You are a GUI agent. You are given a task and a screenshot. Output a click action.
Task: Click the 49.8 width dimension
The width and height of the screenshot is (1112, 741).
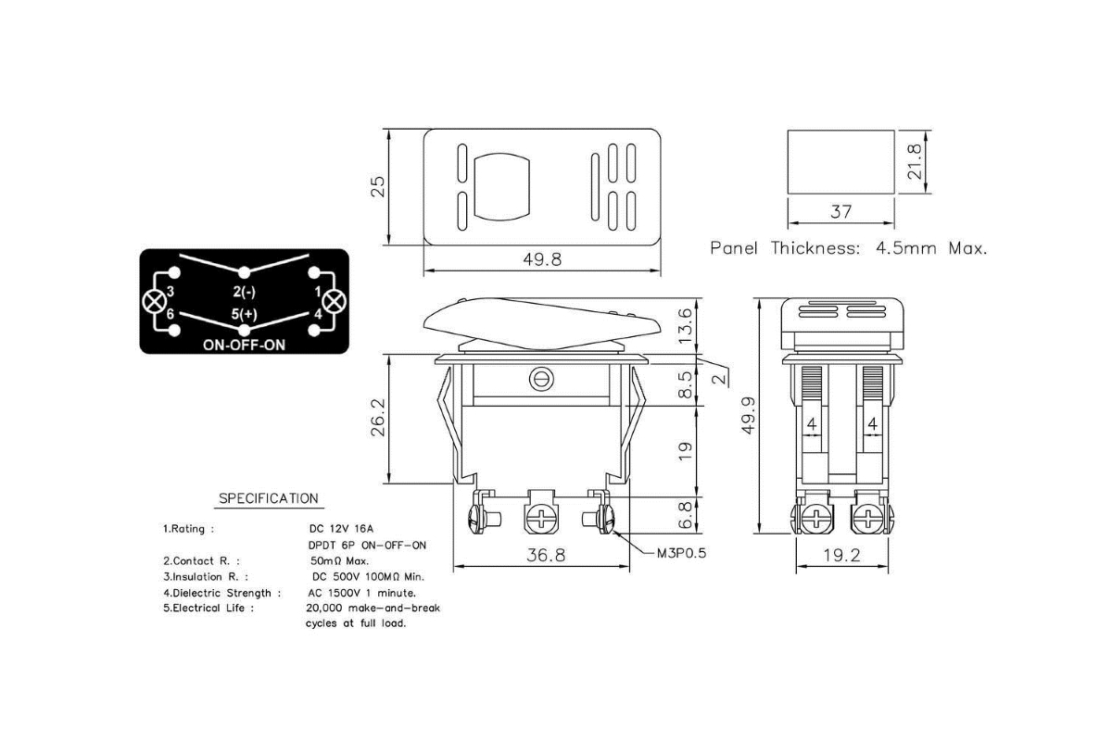coord(542,259)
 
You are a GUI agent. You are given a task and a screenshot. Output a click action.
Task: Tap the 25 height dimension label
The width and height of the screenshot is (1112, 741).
coord(378,186)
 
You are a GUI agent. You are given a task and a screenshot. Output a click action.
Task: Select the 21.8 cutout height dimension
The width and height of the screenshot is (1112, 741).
coord(914,161)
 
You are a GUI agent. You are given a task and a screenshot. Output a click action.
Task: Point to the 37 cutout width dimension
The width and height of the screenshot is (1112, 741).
coord(841,212)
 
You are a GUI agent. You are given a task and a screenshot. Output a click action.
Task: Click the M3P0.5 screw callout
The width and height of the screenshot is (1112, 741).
coord(681,553)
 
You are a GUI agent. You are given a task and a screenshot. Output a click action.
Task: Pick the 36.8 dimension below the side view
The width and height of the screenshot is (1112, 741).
coord(546,555)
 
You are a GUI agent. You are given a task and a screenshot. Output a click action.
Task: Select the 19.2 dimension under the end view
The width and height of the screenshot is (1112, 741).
coord(841,555)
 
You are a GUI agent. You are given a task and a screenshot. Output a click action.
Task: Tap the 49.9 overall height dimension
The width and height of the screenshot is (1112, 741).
coord(748,415)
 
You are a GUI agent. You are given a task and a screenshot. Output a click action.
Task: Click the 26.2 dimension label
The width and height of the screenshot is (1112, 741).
coord(378,418)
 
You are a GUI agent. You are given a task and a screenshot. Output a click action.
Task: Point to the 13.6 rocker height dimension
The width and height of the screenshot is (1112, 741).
coord(685,326)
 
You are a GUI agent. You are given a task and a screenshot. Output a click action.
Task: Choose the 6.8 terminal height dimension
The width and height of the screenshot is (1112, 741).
coord(685,515)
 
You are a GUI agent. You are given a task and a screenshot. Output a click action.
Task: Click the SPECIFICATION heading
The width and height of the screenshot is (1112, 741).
coord(269,498)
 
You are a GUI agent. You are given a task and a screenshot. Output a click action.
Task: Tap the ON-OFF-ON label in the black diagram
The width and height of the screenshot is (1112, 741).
coord(245,345)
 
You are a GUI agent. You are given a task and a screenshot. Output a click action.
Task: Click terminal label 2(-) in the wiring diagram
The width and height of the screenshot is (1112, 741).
coord(245,292)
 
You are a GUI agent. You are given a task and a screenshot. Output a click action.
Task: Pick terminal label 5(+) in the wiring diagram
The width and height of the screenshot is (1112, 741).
coord(245,314)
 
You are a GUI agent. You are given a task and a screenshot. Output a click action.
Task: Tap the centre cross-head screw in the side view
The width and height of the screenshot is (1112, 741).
coord(541,519)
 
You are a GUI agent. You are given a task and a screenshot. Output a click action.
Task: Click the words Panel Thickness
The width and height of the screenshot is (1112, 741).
coord(785,247)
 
